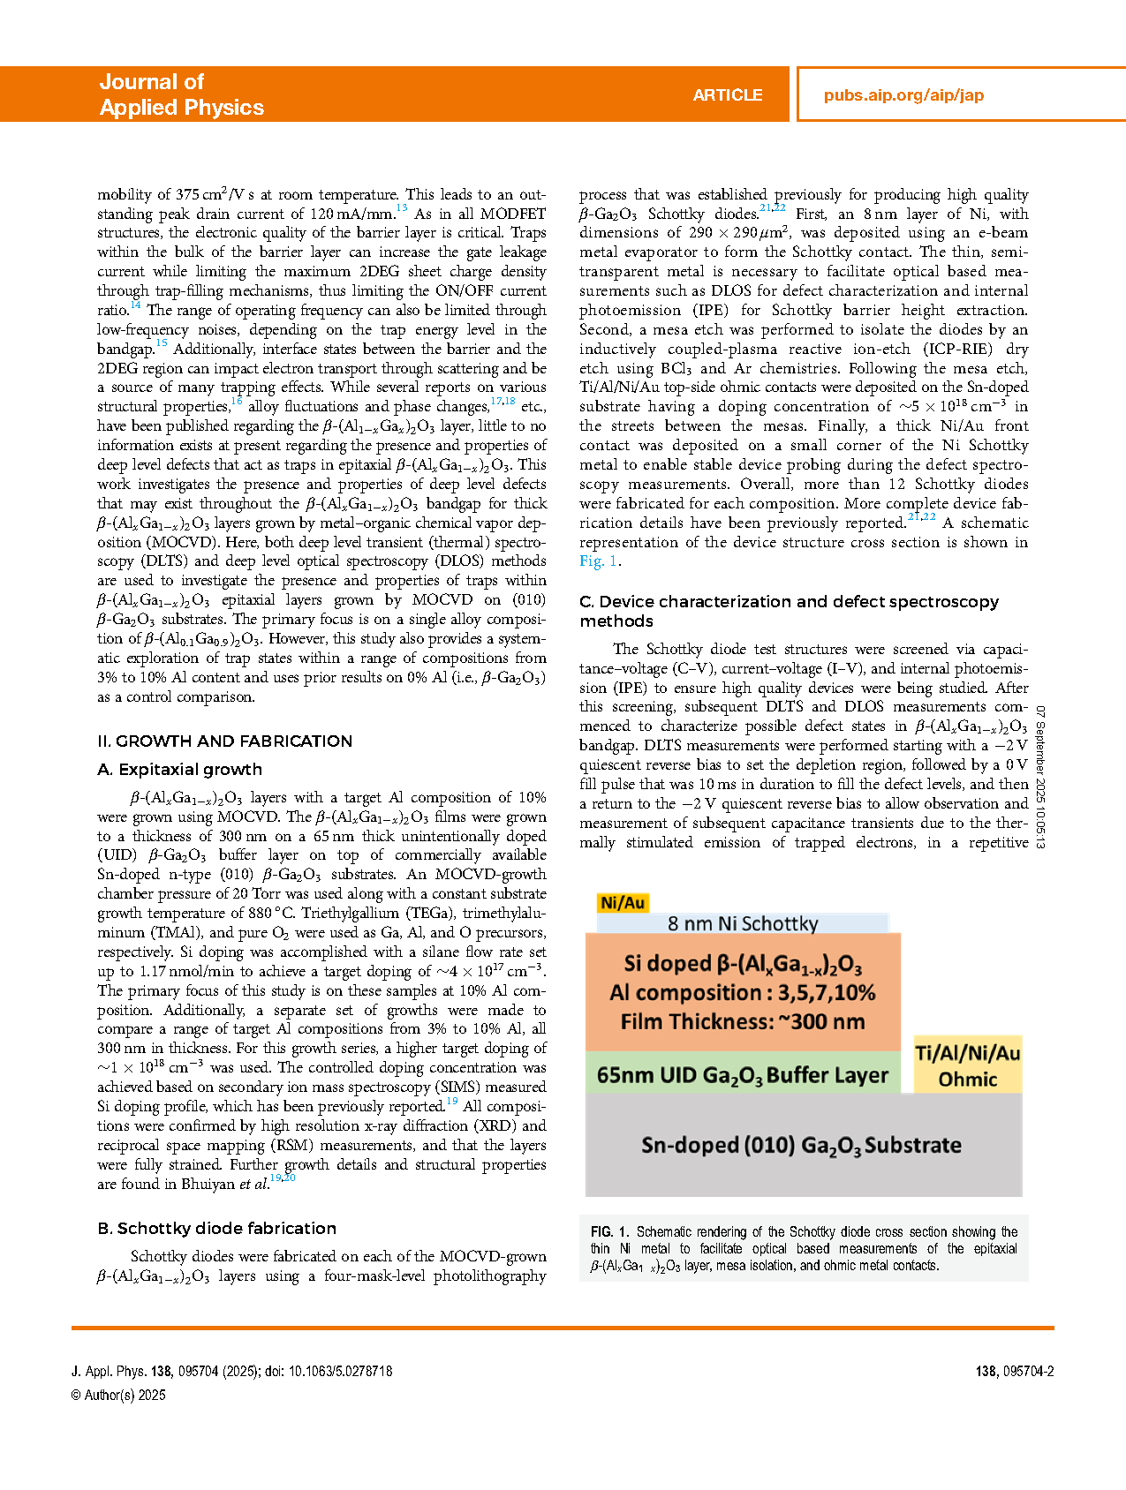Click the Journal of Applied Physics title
(x=181, y=94)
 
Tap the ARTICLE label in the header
(x=727, y=95)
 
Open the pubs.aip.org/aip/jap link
(x=903, y=95)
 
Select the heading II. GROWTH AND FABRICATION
(x=224, y=741)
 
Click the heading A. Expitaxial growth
(x=179, y=770)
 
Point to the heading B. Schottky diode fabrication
(x=216, y=1229)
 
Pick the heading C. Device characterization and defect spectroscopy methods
(x=789, y=611)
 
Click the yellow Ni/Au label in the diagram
(x=623, y=903)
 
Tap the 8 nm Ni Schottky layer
(x=742, y=923)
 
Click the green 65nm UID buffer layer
(x=742, y=1075)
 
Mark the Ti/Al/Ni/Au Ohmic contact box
(x=968, y=1065)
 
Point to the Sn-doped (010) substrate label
(x=801, y=1146)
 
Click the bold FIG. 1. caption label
(x=610, y=1232)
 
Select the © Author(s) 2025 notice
(x=118, y=1396)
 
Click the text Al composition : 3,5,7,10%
(x=742, y=993)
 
